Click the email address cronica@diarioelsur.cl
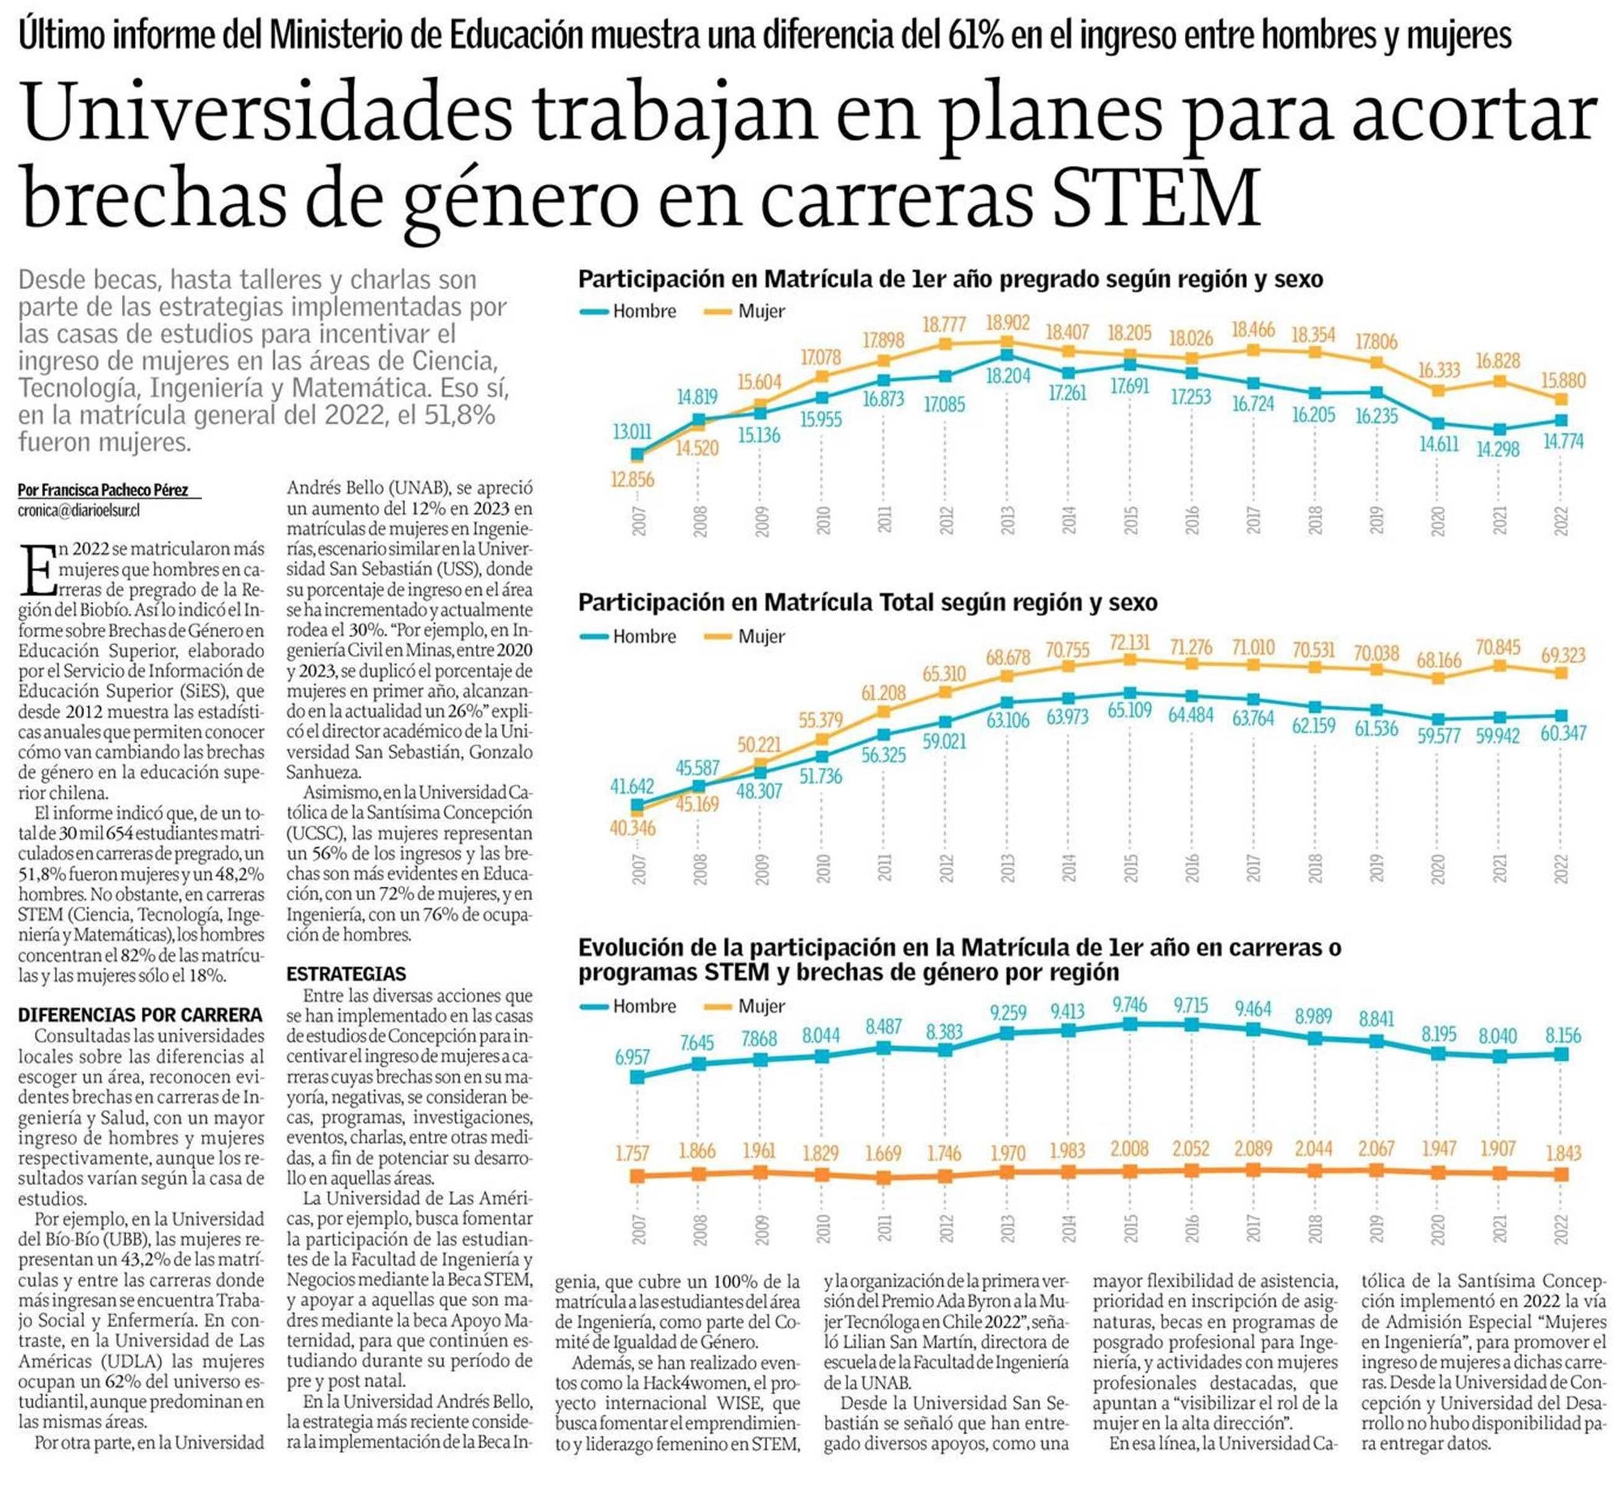(79, 510)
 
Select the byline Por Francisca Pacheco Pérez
(103, 491)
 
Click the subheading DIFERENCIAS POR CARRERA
(140, 1015)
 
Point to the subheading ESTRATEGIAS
(346, 975)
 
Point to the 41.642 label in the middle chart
(633, 786)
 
